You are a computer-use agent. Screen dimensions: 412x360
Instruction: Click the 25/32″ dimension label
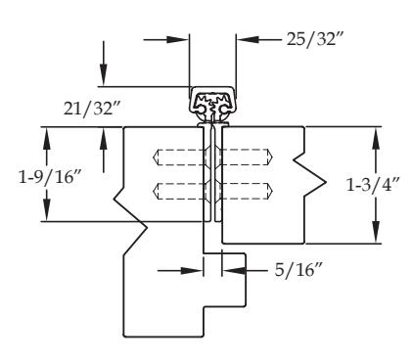(x=314, y=39)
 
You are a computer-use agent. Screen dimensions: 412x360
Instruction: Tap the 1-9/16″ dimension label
(x=50, y=177)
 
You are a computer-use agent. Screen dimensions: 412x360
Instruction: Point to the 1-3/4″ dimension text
(x=372, y=185)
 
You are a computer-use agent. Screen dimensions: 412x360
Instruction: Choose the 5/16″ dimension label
(x=298, y=270)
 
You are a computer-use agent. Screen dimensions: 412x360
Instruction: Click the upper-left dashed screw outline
(x=180, y=157)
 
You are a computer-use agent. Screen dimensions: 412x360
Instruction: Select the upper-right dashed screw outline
(x=247, y=157)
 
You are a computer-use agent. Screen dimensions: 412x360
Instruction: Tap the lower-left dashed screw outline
(x=180, y=191)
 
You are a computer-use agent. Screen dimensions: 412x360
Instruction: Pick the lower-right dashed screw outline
(x=247, y=191)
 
